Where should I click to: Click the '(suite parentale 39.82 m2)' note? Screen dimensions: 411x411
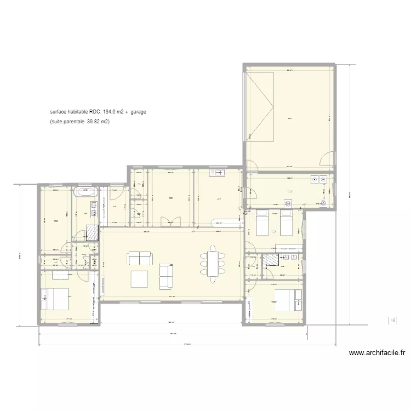click(x=79, y=122)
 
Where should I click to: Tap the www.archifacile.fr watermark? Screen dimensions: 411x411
click(x=376, y=353)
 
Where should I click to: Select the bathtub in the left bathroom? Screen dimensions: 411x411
click(x=87, y=192)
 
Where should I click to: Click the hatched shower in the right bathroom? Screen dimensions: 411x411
click(x=270, y=260)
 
